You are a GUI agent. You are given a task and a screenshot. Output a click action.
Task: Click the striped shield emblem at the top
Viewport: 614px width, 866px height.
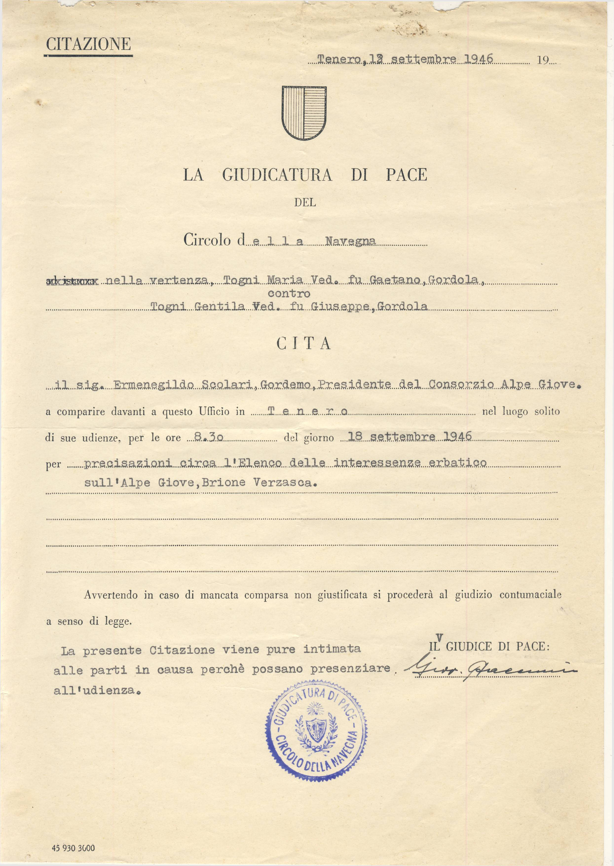pos(304,113)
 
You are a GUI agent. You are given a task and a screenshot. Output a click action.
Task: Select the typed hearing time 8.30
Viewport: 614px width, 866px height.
pos(208,437)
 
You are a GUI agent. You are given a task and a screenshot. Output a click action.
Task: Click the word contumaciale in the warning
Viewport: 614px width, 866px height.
pos(530,595)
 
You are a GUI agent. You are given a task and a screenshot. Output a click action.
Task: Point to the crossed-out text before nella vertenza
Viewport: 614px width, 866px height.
pos(72,281)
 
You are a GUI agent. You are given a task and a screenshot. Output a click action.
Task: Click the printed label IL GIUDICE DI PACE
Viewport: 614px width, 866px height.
pos(489,646)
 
